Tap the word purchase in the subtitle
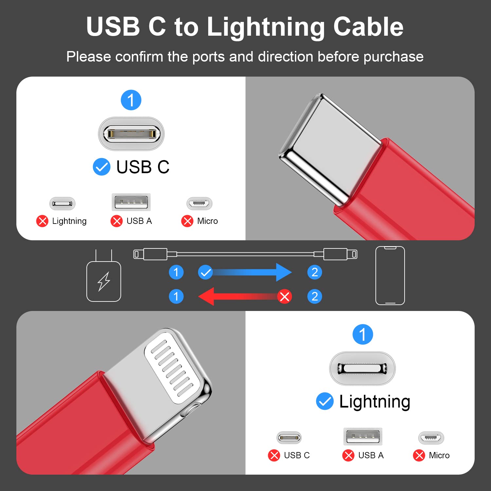pos(393,57)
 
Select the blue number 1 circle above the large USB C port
pos(131,100)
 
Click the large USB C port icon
pos(131,134)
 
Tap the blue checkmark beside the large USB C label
pos(101,167)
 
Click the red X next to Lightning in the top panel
pos(42,221)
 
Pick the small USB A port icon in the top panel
pos(131,202)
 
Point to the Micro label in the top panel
pos(207,221)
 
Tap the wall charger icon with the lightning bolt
pos(104,281)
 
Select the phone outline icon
pos(390,276)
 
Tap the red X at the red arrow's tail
pos(284,297)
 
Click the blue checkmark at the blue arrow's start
pos(206,272)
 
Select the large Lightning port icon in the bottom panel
pos(362,368)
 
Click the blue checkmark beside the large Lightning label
pos(325,401)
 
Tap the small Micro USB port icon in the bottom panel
pos(431,437)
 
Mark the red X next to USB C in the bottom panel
pos(274,455)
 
